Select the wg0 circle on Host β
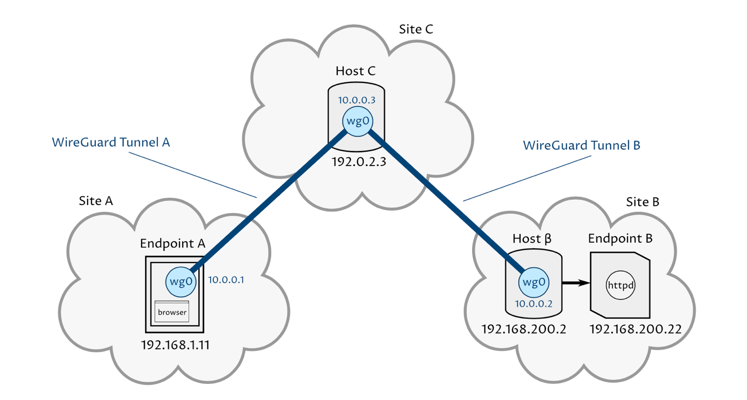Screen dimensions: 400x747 pos(533,282)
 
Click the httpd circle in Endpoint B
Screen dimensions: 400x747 pos(621,285)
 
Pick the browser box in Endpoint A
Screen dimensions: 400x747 pos(172,312)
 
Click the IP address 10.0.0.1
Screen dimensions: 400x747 pos(226,280)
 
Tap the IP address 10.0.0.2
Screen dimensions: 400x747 pos(533,304)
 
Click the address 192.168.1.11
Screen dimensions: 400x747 pos(175,346)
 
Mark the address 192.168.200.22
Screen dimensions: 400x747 pos(635,329)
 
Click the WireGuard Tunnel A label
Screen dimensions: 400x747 pos(111,142)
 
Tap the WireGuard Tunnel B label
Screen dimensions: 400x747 pos(582,145)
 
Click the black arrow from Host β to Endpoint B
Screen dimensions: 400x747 pos(576,283)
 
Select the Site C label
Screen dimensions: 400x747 pos(416,29)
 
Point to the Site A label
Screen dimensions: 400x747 pos(96,201)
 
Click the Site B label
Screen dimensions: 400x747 pos(642,202)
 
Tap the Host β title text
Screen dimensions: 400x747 pos(532,239)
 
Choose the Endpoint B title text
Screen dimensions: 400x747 pos(620,239)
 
